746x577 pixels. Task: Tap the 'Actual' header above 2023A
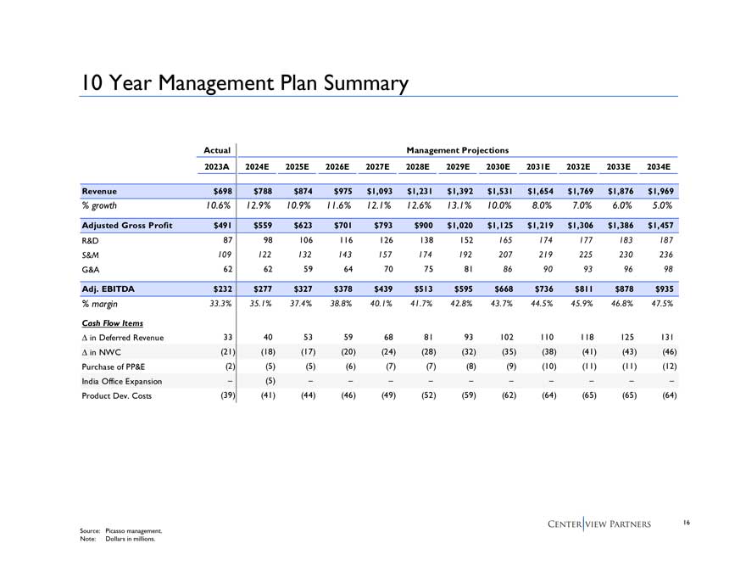[218, 150]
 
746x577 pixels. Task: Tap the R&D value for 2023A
[225, 240]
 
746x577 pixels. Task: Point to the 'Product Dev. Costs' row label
[117, 395]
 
